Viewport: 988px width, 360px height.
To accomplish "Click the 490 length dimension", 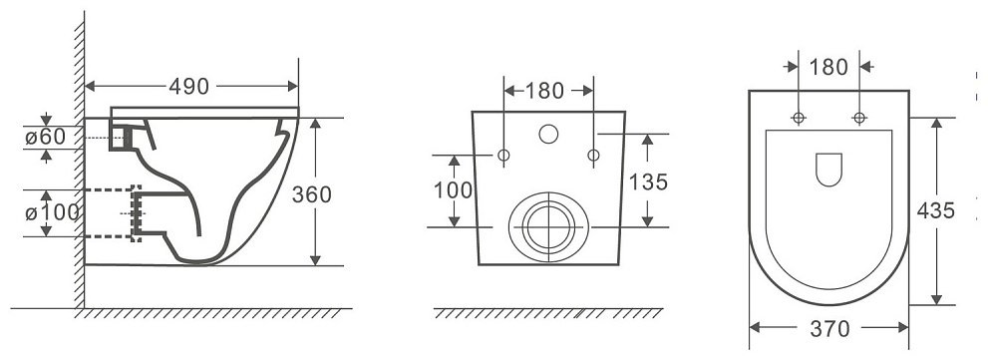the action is tap(189, 87).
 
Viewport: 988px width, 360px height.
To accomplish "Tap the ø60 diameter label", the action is tap(46, 137).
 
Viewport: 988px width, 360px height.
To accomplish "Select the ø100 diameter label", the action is tap(52, 213).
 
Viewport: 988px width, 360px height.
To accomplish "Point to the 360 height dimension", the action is tap(311, 194).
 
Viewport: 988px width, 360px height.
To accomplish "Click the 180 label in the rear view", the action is tap(544, 92).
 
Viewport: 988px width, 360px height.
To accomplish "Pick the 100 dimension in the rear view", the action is tap(453, 189).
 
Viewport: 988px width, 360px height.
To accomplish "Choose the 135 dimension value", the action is tap(648, 182).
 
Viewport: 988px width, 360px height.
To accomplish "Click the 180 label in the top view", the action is tap(828, 67).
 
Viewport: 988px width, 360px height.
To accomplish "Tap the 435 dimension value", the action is tap(936, 210).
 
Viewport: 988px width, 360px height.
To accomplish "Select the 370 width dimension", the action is tap(830, 328).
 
